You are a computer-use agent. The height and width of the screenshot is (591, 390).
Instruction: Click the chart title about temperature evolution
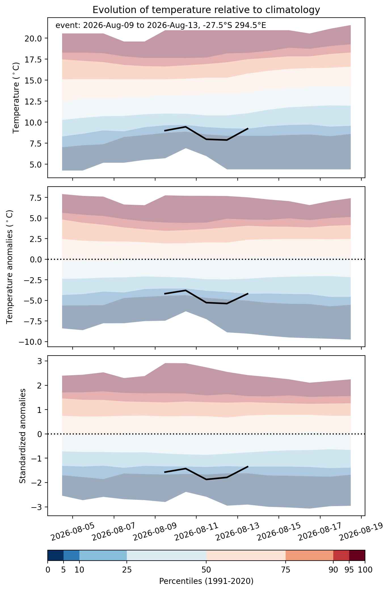click(x=206, y=10)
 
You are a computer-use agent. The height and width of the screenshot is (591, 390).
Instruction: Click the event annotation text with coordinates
click(x=161, y=26)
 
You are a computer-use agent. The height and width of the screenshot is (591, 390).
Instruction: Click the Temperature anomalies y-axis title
click(x=10, y=267)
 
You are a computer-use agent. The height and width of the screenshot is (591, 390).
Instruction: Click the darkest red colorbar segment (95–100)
click(x=357, y=555)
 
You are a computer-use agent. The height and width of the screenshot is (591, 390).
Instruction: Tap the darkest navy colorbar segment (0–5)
click(x=56, y=555)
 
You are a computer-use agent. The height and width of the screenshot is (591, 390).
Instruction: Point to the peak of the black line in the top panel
click(x=185, y=127)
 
